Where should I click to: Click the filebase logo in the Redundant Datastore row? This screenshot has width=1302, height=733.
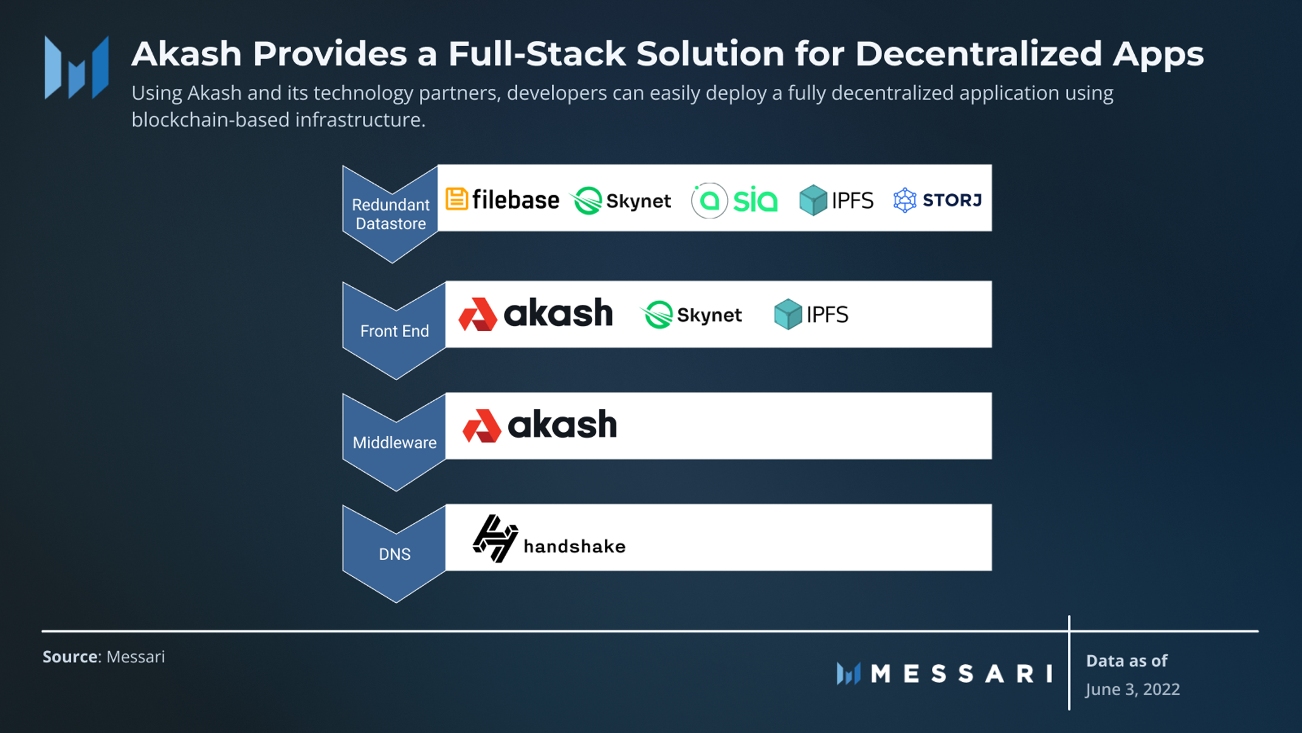(x=502, y=200)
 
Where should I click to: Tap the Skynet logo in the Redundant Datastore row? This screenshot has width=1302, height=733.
(x=621, y=200)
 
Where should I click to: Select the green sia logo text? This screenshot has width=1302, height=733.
(x=755, y=200)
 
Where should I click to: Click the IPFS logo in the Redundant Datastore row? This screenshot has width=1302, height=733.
(x=836, y=200)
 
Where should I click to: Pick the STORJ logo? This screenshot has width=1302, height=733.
(x=937, y=200)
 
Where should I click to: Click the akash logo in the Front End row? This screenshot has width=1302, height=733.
(x=536, y=314)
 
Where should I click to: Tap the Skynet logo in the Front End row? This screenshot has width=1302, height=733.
(x=692, y=314)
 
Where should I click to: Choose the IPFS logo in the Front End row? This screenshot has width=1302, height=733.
(x=811, y=314)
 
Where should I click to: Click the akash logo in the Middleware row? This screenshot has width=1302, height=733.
(x=540, y=425)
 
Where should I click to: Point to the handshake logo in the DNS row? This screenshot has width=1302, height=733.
(x=549, y=539)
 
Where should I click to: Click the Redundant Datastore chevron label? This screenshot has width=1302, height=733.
(x=391, y=214)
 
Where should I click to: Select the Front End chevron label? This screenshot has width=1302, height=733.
(x=394, y=331)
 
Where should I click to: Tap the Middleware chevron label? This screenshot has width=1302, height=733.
(x=394, y=442)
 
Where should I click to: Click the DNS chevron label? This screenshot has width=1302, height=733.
(x=394, y=554)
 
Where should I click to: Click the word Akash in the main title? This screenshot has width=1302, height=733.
(x=187, y=54)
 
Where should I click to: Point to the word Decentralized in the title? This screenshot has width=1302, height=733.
(x=978, y=54)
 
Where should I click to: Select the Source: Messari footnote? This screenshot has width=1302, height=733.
(x=104, y=657)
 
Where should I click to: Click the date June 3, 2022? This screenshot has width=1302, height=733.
(x=1132, y=689)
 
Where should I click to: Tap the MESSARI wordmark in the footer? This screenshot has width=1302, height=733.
(x=961, y=673)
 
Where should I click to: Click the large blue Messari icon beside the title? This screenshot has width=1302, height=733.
(x=77, y=67)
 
